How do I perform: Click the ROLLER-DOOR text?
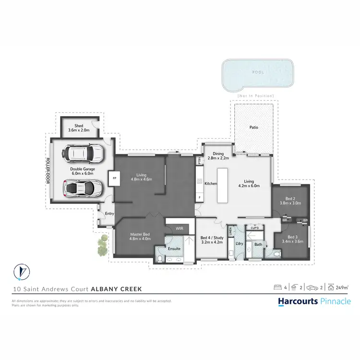click(48, 171)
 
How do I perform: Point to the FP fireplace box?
click(114, 178)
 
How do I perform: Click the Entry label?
click(109, 214)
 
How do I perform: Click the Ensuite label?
click(174, 249)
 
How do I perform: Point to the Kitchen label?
click(211, 183)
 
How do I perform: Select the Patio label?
click(254, 128)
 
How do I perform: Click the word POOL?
click(258, 72)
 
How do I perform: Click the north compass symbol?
click(19, 273)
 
